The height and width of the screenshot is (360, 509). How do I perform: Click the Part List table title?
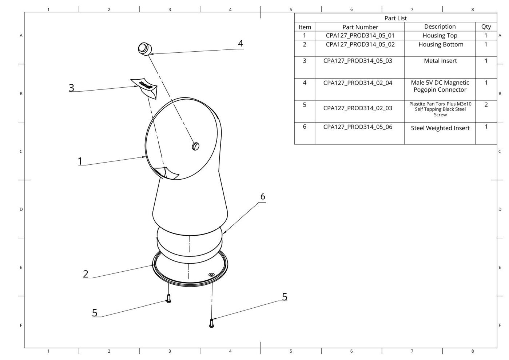[395, 18]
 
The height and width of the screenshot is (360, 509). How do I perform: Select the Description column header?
[440, 27]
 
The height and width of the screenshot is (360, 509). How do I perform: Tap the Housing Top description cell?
[440, 35]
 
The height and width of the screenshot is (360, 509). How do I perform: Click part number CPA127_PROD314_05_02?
[360, 44]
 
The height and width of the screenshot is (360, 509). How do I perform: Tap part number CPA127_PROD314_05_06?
[358, 127]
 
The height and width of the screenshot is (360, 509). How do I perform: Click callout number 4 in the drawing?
[240, 43]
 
